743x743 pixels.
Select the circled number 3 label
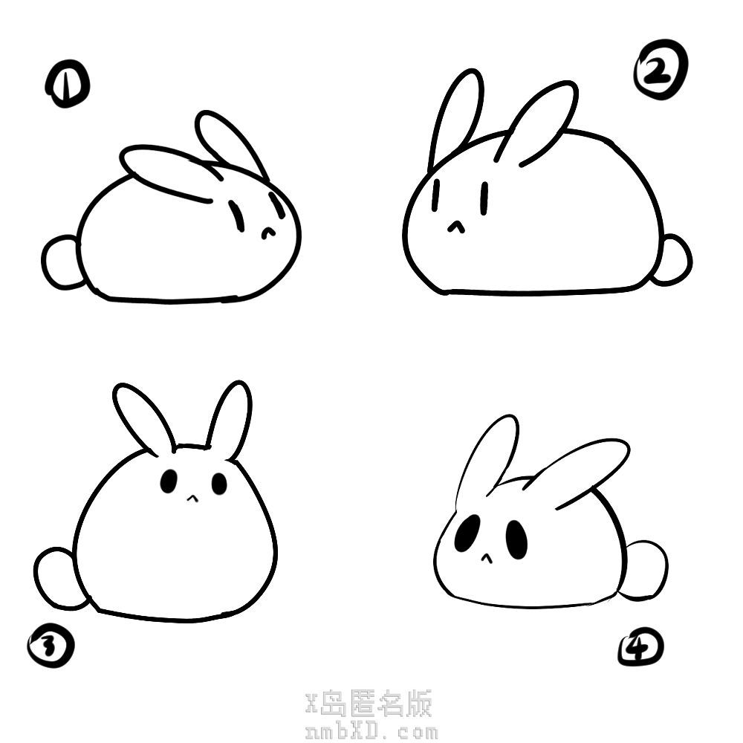(51, 646)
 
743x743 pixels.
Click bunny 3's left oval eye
(169, 481)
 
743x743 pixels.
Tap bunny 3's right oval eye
(219, 484)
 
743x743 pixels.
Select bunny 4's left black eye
(467, 534)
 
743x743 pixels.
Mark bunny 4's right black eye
(516, 539)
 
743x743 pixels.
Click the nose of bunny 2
(456, 227)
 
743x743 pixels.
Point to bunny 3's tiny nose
(192, 498)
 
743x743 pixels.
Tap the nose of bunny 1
(268, 232)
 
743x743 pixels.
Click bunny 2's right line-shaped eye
(484, 198)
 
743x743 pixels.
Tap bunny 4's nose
(486, 558)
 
